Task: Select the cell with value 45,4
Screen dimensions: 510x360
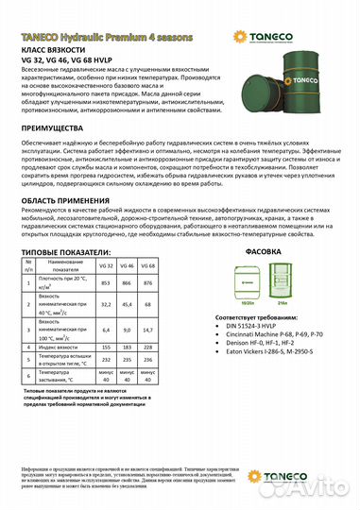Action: pos(153,305)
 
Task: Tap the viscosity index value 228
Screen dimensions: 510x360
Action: pos(174,347)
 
